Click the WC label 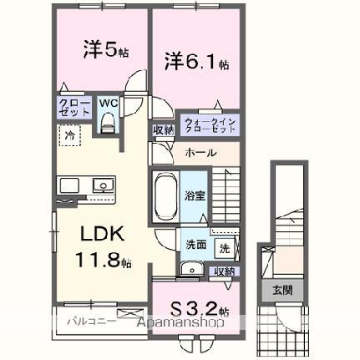click(x=108, y=104)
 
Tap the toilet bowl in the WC click(x=107, y=122)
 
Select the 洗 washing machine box click(x=224, y=247)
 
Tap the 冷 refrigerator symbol click(x=71, y=134)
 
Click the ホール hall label click(x=201, y=153)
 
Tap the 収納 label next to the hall click(x=163, y=130)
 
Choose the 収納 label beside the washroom click(x=224, y=271)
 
